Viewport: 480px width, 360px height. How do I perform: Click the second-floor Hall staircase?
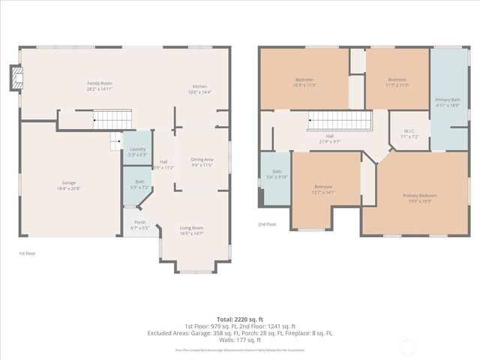[340, 120]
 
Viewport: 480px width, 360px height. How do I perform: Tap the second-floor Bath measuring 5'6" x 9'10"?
[277, 174]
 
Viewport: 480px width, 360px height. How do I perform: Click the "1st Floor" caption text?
[28, 253]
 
